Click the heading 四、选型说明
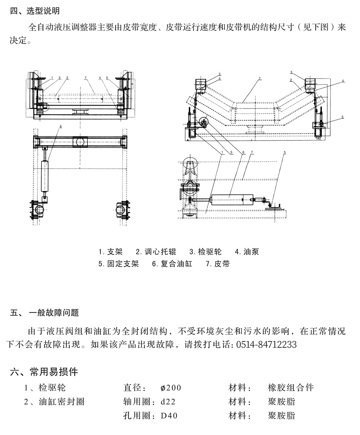pyautogui.click(x=35, y=11)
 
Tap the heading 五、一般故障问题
pyautogui.click(x=45, y=313)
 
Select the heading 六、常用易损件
pyautogui.click(x=44, y=372)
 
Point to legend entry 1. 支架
pyautogui.click(x=111, y=252)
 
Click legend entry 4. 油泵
pyautogui.click(x=247, y=252)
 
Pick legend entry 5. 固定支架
pyautogui.click(x=118, y=264)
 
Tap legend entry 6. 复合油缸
pyautogui.click(x=172, y=264)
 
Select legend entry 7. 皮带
pyautogui.click(x=218, y=264)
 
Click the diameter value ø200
pyautogui.click(x=171, y=388)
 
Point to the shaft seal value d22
pyautogui.click(x=169, y=402)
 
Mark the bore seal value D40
pyautogui.click(x=169, y=416)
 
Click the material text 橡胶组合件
pyautogui.click(x=291, y=388)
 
